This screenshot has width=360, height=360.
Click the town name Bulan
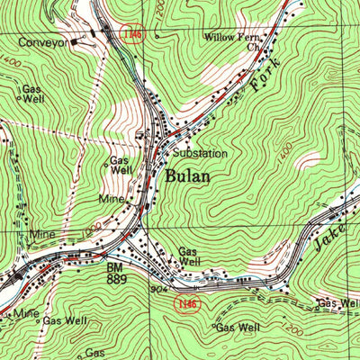[187, 175]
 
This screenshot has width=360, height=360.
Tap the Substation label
[201, 154]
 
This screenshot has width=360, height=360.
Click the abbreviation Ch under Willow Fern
[253, 49]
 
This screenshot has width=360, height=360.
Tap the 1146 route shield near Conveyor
[134, 33]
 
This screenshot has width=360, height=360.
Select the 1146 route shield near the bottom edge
[185, 304]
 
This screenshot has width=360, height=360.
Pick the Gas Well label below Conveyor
[32, 94]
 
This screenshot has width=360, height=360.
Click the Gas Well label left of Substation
[121, 165]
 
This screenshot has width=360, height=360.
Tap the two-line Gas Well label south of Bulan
[189, 256]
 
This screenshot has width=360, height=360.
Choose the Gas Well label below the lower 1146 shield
[238, 327]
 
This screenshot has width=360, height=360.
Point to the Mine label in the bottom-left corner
[20, 313]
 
